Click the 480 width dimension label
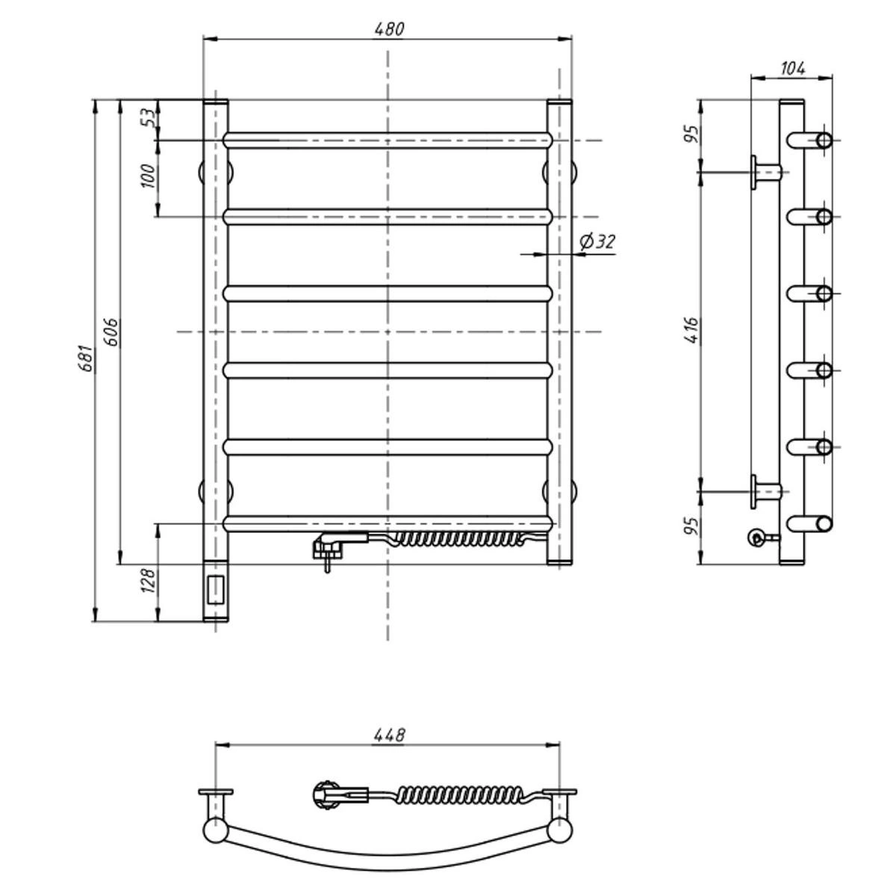[x=388, y=29]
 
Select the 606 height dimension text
[x=111, y=332]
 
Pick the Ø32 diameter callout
[x=597, y=242]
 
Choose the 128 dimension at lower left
[x=149, y=580]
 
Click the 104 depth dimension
[x=792, y=69]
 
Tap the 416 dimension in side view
[x=691, y=330]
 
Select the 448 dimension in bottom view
[x=388, y=735]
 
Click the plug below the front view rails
[x=327, y=549]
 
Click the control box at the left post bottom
[x=216, y=590]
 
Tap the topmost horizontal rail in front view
[x=388, y=140]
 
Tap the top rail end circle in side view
[x=824, y=140]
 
